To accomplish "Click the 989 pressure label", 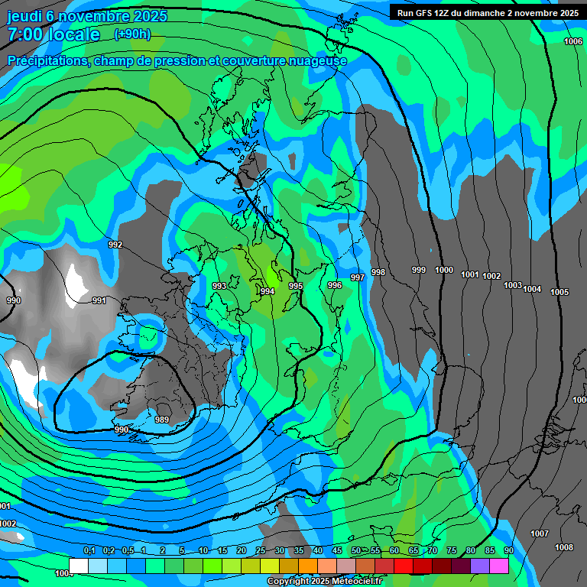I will pyautogui.click(x=162, y=420).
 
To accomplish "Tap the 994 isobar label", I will pyautogui.click(x=268, y=292).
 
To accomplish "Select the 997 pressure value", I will pyautogui.click(x=357, y=277).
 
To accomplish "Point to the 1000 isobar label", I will pyautogui.click(x=444, y=270).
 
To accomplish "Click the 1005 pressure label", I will pyautogui.click(x=559, y=292).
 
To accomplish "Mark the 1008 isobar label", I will pyautogui.click(x=564, y=547).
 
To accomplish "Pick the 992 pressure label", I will pyautogui.click(x=115, y=245).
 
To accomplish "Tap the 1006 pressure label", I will pyautogui.click(x=573, y=41).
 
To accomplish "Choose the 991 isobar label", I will pyautogui.click(x=99, y=300).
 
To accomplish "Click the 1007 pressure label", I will pyautogui.click(x=540, y=533).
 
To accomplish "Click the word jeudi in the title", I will pyautogui.click(x=25, y=16).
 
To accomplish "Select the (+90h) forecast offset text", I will pyautogui.click(x=132, y=34).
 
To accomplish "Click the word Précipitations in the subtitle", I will pyautogui.click(x=47, y=60).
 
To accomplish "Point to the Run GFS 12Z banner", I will pyautogui.click(x=487, y=12).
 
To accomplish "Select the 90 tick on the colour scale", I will pyautogui.click(x=508, y=550).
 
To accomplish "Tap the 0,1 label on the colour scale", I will pyautogui.click(x=89, y=550).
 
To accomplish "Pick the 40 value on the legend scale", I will pyautogui.click(x=317, y=550).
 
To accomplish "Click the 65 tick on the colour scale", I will pyautogui.click(x=413, y=550).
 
